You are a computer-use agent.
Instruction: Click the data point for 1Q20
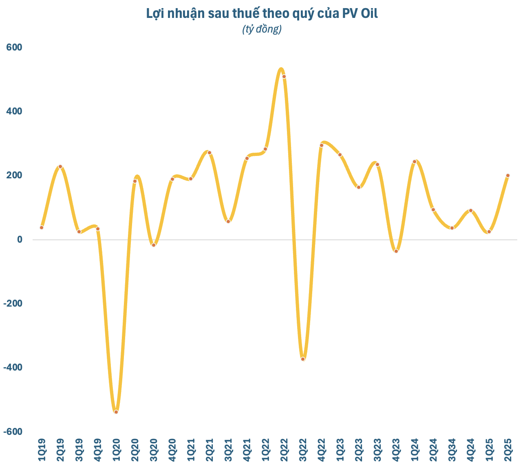click(x=116, y=412)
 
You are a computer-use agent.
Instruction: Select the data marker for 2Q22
click(x=284, y=77)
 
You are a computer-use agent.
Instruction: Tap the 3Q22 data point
click(x=303, y=359)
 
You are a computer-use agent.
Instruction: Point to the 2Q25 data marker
click(x=508, y=175)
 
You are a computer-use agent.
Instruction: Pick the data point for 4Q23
click(x=396, y=251)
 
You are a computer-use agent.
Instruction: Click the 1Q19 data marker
click(x=42, y=228)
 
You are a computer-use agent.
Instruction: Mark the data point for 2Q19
click(x=60, y=167)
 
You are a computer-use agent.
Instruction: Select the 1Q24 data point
click(x=415, y=162)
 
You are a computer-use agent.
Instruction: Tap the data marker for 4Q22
click(x=322, y=145)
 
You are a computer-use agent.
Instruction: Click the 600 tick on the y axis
click(x=14, y=47)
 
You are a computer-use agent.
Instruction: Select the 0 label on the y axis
click(x=19, y=239)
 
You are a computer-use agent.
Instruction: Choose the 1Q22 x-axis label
click(x=265, y=450)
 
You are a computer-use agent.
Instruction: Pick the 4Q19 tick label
click(x=97, y=450)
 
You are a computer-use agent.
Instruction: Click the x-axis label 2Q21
click(x=210, y=450)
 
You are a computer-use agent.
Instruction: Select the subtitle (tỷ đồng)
click(x=262, y=29)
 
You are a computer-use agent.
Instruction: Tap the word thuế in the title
click(x=249, y=13)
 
